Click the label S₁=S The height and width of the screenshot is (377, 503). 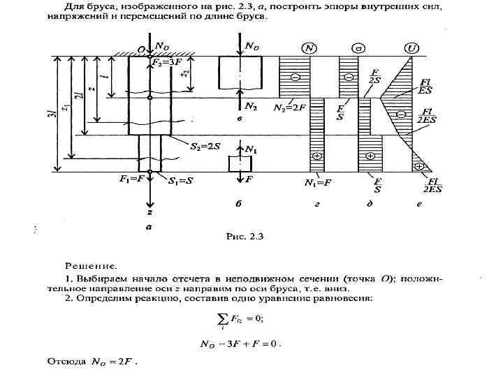pos(182,181)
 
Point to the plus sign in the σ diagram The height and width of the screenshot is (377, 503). pos(369,156)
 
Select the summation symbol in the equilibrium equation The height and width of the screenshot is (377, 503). pos(224,319)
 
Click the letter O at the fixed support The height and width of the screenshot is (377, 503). pos(140,49)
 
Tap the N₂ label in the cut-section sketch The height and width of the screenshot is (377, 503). pos(251,106)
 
